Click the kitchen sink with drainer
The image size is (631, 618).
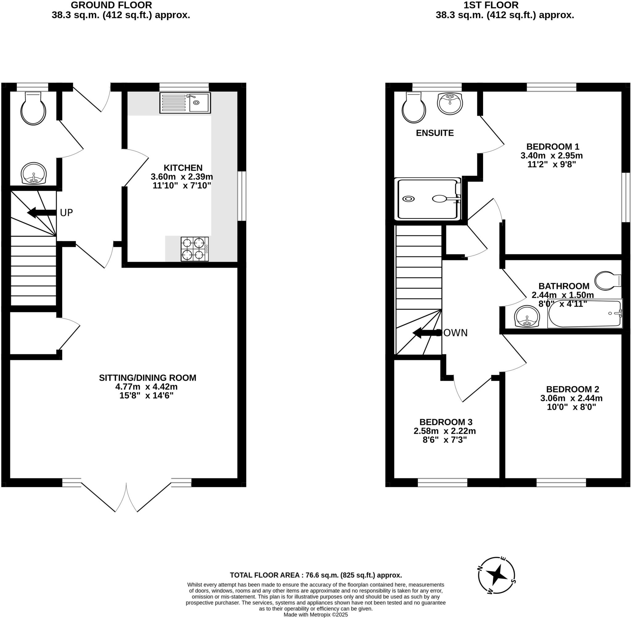point(185,103)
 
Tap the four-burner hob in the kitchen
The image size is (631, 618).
point(195,249)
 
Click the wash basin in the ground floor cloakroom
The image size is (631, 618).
point(34,173)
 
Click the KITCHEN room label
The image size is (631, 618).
point(183,168)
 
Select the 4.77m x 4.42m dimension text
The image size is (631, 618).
point(146,387)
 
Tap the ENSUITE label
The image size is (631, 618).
point(435,133)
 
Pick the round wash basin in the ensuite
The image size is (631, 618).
point(450,103)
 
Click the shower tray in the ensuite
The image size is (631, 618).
point(428,199)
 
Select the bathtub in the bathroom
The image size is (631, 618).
point(584,314)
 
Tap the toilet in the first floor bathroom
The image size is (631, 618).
point(607,280)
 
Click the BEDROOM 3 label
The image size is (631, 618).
point(446,422)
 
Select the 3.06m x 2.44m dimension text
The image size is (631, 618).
point(571,398)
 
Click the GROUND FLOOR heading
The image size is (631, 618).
point(112,5)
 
